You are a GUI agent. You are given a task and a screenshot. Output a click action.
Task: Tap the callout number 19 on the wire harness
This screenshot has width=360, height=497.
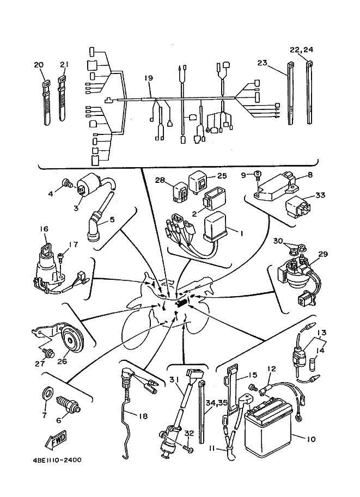pyautogui.click(x=149, y=78)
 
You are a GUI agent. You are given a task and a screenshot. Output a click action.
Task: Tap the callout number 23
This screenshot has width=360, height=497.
pyautogui.click(x=261, y=63)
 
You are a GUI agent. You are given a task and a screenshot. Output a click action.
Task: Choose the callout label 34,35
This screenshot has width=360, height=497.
pyautogui.click(x=216, y=403)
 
